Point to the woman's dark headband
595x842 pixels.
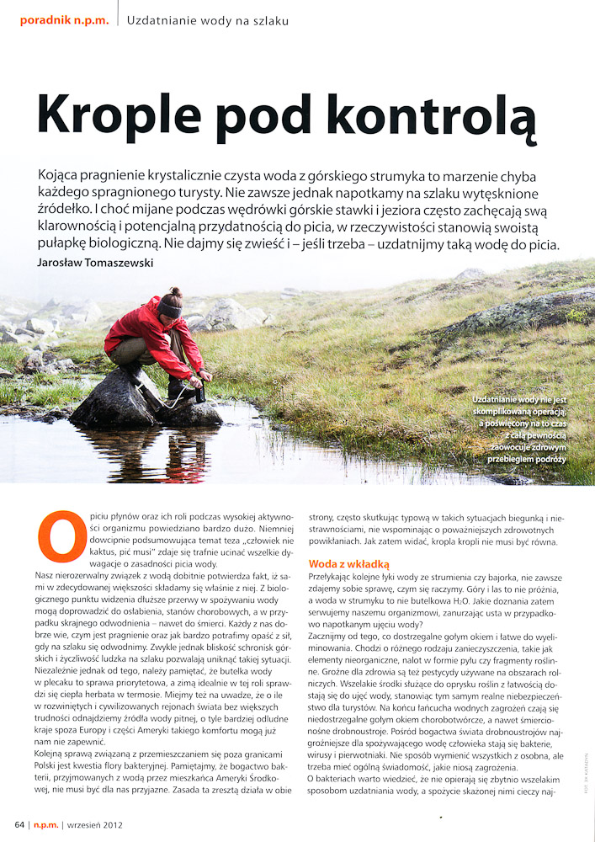(171, 309)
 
